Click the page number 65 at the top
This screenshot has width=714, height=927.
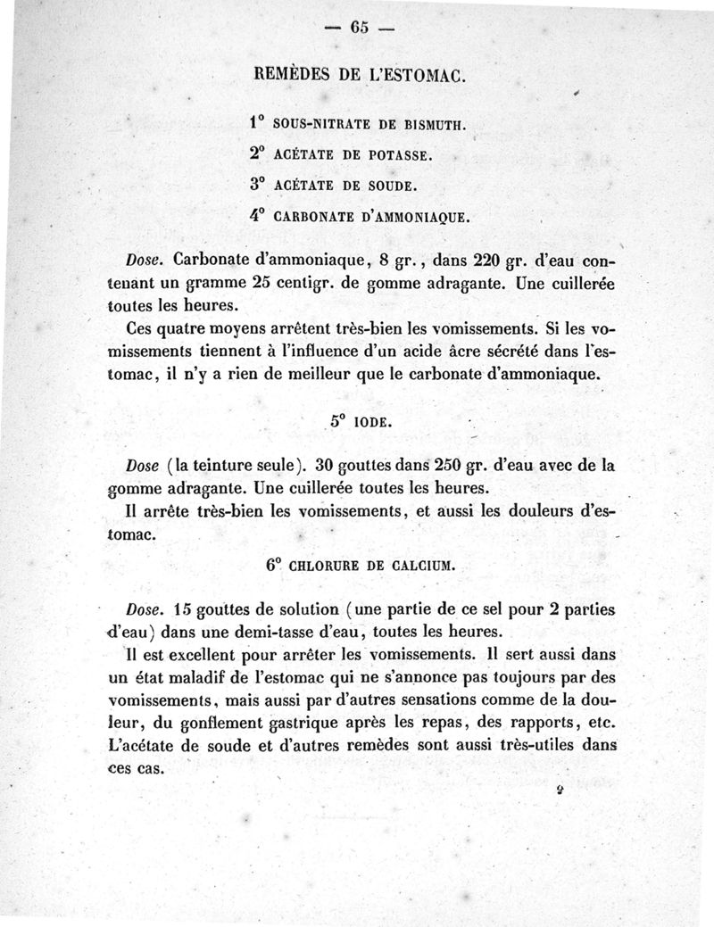point(360,27)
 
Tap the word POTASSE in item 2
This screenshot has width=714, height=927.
point(399,155)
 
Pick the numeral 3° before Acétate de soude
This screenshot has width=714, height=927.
point(258,185)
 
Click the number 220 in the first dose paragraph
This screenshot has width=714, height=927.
point(490,261)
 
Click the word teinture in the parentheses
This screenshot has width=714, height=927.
point(229,467)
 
